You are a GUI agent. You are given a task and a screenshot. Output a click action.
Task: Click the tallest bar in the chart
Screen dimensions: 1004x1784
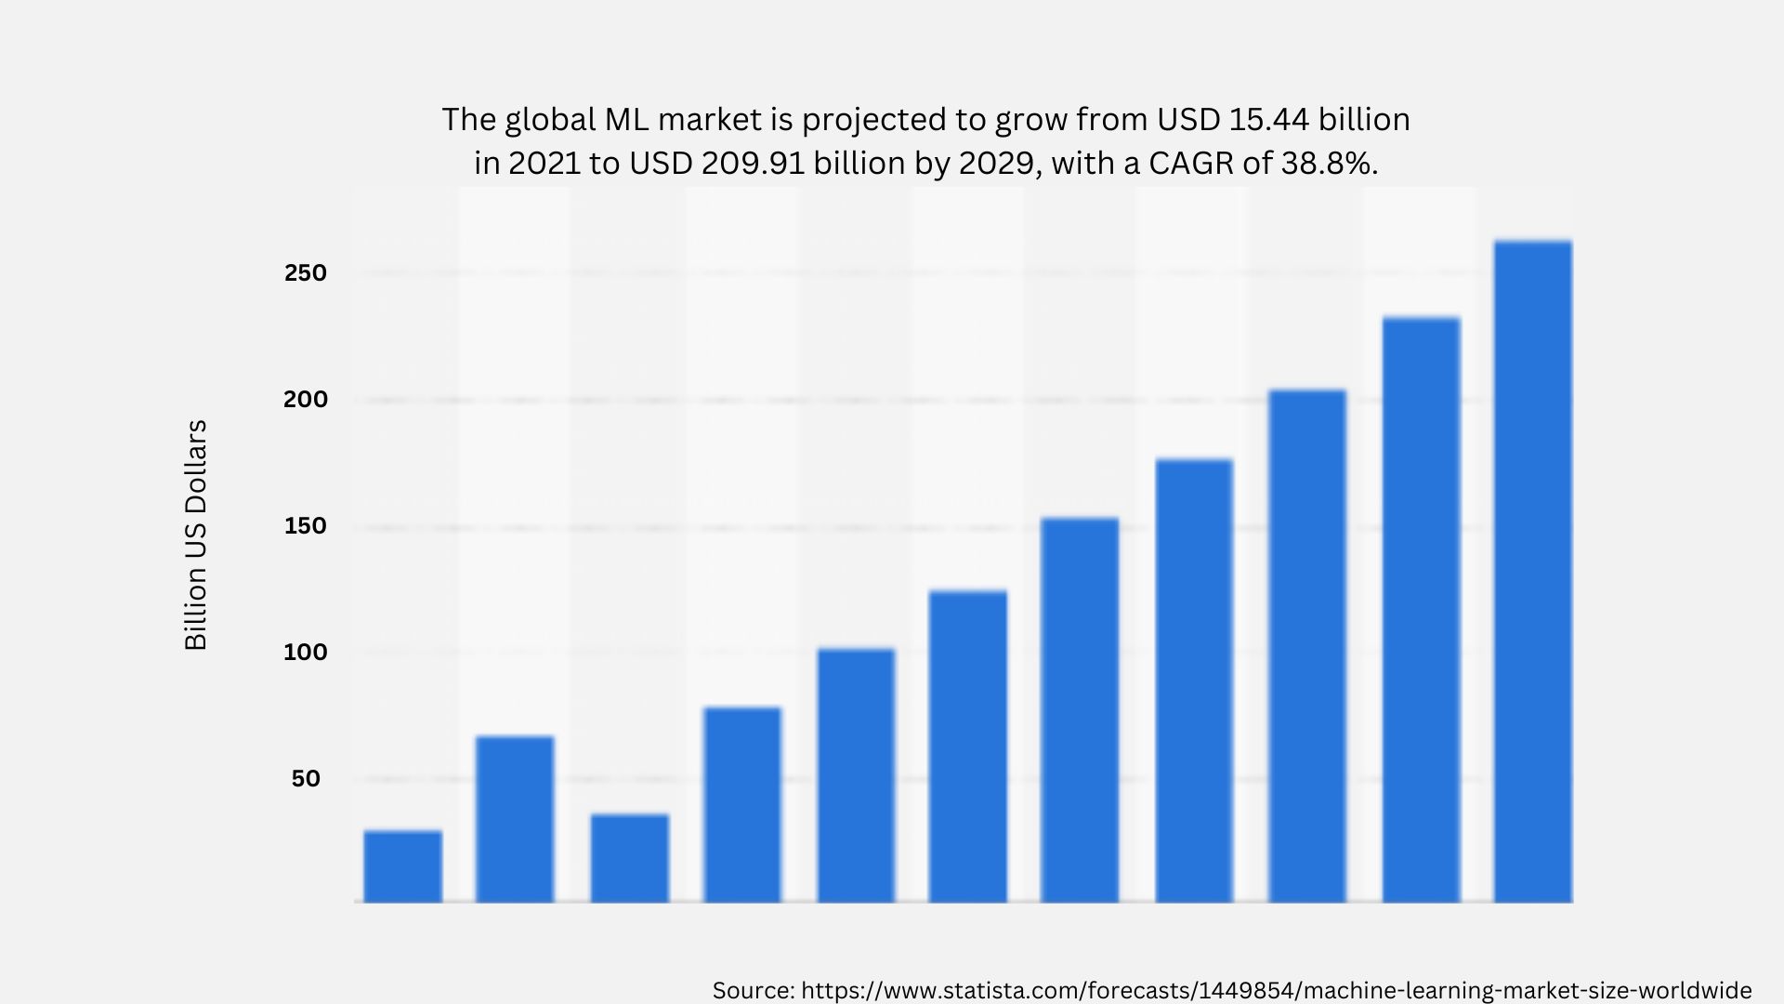coord(1532,572)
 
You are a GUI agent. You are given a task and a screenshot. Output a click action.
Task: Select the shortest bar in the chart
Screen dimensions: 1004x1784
coord(402,866)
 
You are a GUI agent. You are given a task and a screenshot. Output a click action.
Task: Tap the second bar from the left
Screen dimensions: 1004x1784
coord(515,819)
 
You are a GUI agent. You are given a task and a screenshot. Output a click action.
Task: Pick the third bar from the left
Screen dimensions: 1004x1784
coord(629,858)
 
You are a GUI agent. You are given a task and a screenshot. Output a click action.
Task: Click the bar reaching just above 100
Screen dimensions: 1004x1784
coord(856,775)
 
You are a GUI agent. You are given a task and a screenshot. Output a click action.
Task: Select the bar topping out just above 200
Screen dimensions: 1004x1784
coord(1306,646)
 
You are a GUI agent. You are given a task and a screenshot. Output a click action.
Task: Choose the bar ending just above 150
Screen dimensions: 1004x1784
coord(1080,710)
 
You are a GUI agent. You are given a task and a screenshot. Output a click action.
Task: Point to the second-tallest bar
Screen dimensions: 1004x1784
coord(1421,610)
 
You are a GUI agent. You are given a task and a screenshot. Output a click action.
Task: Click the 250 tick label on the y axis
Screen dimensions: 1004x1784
coord(306,273)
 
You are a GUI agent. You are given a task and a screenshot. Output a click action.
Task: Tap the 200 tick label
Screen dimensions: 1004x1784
coord(306,400)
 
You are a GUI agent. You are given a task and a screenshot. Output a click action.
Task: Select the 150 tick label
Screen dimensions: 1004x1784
coord(306,526)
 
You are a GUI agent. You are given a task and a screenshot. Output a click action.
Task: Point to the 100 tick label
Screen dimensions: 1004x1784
coord(306,653)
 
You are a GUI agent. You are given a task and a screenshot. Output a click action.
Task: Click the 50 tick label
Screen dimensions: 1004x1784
coord(306,779)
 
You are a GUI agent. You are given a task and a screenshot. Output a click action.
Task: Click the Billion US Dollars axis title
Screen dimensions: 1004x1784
coord(196,535)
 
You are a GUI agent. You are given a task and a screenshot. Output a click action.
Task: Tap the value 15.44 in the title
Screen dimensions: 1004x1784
coord(1268,120)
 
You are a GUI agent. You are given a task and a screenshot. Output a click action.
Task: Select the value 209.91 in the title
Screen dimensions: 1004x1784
coord(753,164)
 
